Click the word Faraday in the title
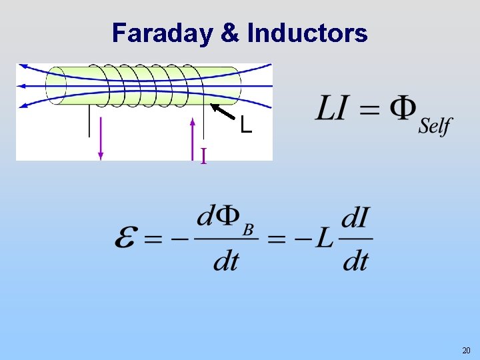(161, 33)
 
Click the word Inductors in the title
(307, 33)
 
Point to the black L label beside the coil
(246, 125)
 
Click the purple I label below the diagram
(203, 156)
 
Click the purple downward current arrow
(101, 137)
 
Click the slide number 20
(466, 350)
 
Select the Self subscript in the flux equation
(435, 126)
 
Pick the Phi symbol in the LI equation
(403, 109)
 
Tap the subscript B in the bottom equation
(247, 230)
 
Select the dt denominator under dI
(355, 260)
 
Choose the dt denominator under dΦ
(226, 260)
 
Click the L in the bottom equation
(324, 238)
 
